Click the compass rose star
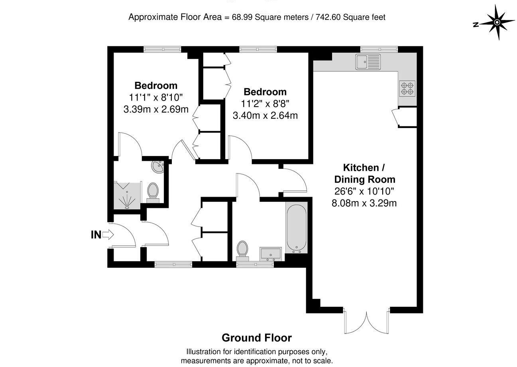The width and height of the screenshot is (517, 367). pyautogui.click(x=497, y=22)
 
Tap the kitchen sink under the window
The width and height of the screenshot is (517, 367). pyautogui.click(x=368, y=62)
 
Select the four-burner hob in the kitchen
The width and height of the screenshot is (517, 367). pyautogui.click(x=407, y=88)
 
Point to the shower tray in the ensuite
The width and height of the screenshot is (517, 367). pyautogui.click(x=127, y=195)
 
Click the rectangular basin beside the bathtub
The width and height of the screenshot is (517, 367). pyautogui.click(x=271, y=253)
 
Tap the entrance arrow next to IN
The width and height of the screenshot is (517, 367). pyautogui.click(x=108, y=235)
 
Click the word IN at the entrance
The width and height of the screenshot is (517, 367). pyautogui.click(x=96, y=235)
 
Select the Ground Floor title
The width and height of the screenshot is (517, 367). pyautogui.click(x=257, y=338)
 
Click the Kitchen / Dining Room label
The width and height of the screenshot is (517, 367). pyautogui.click(x=364, y=173)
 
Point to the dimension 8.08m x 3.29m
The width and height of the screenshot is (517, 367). pyautogui.click(x=364, y=203)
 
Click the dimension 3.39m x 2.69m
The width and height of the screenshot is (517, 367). pyautogui.click(x=156, y=109)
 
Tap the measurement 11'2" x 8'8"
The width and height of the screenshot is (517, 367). pyautogui.click(x=265, y=104)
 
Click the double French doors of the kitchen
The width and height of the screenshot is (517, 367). pyautogui.click(x=367, y=321)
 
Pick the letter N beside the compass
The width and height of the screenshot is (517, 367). pyautogui.click(x=476, y=25)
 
